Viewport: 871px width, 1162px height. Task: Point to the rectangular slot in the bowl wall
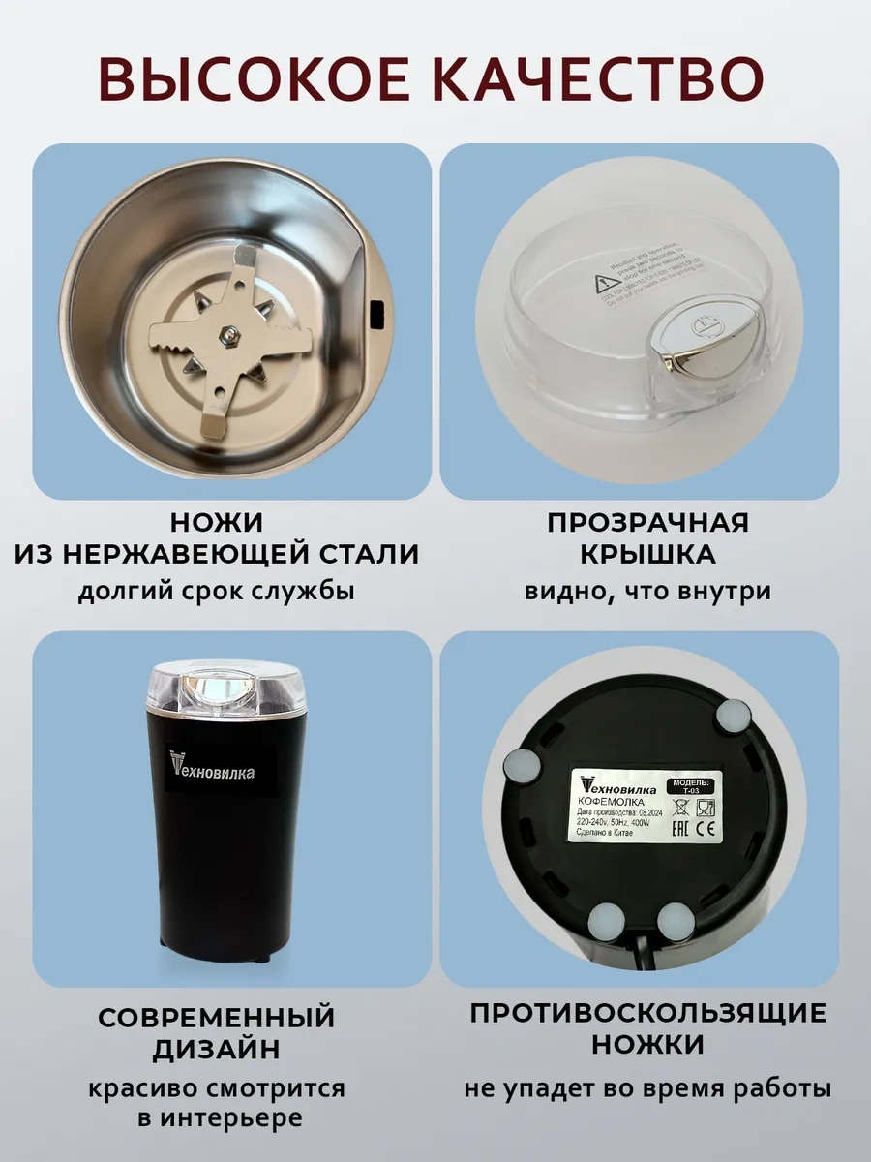click(x=377, y=314)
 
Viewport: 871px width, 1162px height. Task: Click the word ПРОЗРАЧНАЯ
click(x=647, y=523)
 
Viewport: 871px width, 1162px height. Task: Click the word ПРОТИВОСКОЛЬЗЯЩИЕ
click(x=647, y=1014)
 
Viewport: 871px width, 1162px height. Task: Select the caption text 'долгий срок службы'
click(x=216, y=591)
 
